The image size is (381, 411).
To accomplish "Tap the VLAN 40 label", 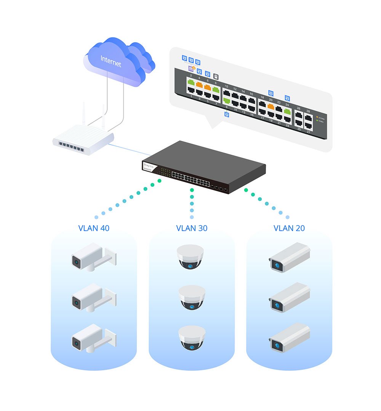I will coord(94,228).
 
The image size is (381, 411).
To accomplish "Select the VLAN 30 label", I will coord(192,228).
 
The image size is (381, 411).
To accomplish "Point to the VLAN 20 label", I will coord(289,228).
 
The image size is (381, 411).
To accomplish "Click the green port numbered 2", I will coord(191,83).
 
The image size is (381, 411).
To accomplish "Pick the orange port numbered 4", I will coord(199,85).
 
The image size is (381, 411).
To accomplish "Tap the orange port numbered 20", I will coord(271,107).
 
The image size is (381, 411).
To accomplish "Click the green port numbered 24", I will coord(287,112).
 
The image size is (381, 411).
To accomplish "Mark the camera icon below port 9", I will coord(227,114).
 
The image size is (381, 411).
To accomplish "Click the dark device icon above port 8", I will coord(216,76).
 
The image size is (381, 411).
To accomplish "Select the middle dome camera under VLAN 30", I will coord(192,297).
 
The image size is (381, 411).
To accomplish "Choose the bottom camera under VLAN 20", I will coord(290,337).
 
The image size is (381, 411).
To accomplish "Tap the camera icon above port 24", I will coord(287,98).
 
